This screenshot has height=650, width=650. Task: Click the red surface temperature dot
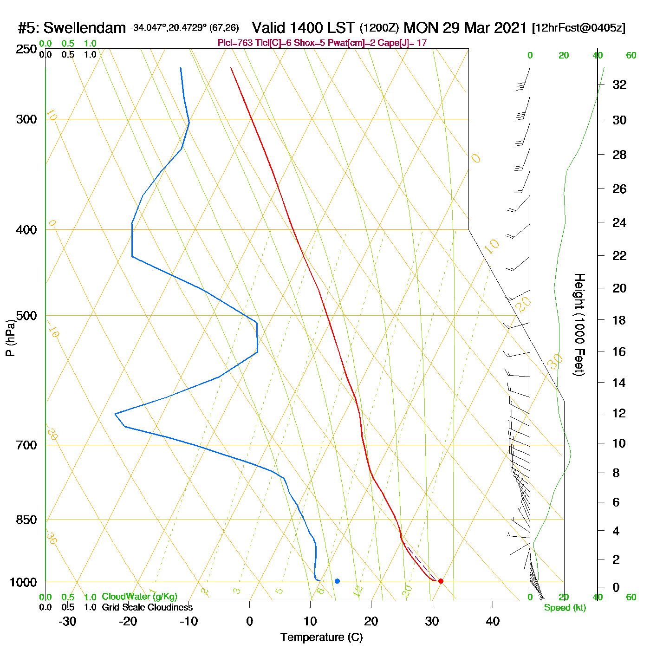point(441,581)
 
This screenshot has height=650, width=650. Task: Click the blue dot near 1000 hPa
point(337,581)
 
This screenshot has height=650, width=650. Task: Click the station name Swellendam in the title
point(84,28)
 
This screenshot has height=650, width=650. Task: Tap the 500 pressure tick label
point(26,316)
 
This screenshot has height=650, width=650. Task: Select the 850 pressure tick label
point(26,520)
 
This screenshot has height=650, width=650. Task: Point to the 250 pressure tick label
point(26,49)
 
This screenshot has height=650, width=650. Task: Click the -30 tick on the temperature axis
point(67,621)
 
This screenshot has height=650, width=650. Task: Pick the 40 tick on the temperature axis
point(493,621)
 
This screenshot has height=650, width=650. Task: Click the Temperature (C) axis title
point(321,637)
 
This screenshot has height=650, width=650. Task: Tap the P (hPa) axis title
point(10,338)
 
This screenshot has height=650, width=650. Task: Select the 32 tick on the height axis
point(619,85)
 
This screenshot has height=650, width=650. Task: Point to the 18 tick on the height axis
point(619,320)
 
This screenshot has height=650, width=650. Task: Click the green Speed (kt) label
point(565,608)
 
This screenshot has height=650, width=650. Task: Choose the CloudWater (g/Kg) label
point(139,597)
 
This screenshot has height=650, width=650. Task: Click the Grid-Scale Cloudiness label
point(147,607)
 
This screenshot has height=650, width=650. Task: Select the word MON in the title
point(421,28)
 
